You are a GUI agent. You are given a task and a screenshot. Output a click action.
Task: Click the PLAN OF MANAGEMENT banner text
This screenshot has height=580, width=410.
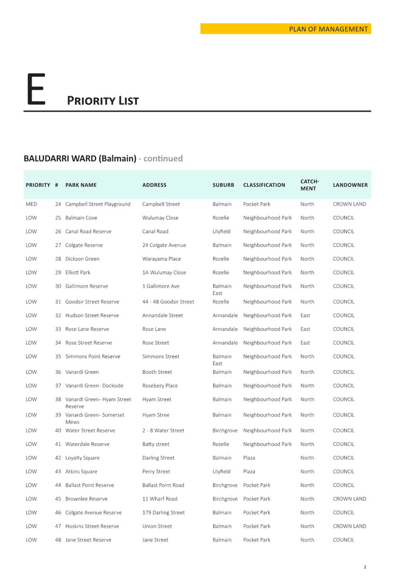[328, 29]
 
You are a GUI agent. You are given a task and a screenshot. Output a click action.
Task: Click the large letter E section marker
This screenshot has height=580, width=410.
[36, 89]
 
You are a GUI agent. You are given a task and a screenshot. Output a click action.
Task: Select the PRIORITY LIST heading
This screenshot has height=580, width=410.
[103, 101]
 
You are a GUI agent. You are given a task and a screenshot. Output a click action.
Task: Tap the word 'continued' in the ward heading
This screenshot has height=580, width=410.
[163, 158]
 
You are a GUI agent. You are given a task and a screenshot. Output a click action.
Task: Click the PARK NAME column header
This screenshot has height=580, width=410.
[81, 185]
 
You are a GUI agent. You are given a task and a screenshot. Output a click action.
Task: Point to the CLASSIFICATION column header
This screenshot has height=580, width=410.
[264, 185]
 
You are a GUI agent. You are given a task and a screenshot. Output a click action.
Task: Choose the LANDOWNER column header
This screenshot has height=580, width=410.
[350, 185]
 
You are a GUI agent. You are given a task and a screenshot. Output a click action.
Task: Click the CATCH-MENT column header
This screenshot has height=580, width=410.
[309, 185]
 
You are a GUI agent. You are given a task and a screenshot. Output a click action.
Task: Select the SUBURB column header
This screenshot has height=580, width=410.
[223, 185]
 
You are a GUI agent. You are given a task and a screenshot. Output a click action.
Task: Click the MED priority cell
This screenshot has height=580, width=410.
[31, 204]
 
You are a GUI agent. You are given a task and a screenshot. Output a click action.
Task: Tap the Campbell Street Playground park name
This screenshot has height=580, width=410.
[98, 204]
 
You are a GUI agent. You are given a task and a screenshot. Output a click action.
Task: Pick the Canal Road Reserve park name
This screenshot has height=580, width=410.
[88, 231]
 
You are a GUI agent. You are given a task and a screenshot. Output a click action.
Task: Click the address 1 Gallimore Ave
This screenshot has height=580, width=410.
[161, 286]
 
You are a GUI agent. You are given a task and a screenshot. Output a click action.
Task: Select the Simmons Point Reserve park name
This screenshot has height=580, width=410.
[93, 356]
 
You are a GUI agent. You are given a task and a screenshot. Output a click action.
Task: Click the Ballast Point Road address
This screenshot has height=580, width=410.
[163, 485]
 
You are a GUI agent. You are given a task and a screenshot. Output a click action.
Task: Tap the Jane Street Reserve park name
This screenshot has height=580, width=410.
[88, 540]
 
